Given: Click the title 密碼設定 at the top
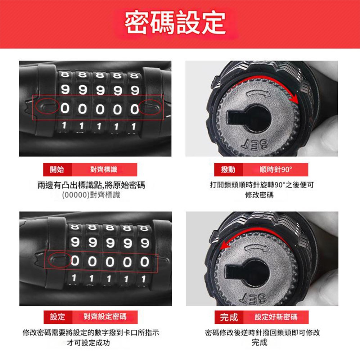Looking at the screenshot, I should click(175, 22).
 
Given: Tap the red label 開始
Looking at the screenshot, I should click(58, 169).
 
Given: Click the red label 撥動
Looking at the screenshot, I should click(229, 169).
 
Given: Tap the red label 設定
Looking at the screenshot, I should click(58, 317).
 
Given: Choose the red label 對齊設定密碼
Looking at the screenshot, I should click(105, 317).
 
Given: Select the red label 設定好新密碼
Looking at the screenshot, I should click(276, 317).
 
